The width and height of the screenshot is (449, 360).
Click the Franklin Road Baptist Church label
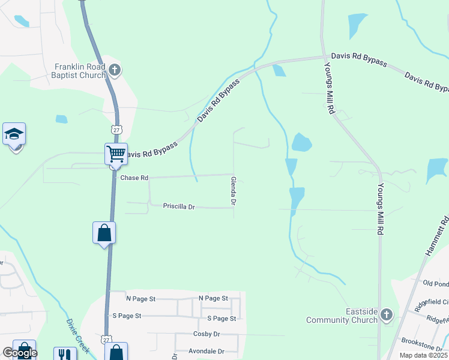pyautogui.click(x=80, y=71)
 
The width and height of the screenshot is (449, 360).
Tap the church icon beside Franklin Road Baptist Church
pyautogui.click(x=115, y=71)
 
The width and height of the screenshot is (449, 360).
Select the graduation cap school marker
pyautogui.click(x=14, y=135)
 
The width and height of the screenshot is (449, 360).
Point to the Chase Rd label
pyautogui.click(x=134, y=178)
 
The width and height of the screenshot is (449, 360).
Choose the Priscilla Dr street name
pyautogui.click(x=179, y=206)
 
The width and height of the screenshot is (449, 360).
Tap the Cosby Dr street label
pyautogui.click(x=207, y=334)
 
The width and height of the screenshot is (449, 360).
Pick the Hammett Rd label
pyautogui.click(x=437, y=238)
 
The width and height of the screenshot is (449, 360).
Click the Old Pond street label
pyautogui.click(x=435, y=283)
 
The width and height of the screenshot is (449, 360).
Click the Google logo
pyautogui.click(x=19, y=353)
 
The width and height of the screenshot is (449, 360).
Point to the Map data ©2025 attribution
pyautogui.click(x=423, y=355)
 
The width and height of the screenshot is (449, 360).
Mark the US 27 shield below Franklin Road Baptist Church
pyautogui.click(x=116, y=130)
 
